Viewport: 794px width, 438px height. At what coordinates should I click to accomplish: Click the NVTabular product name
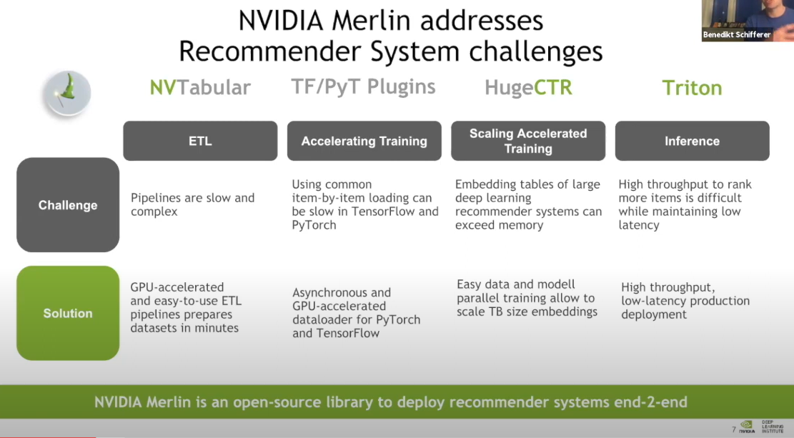(x=200, y=88)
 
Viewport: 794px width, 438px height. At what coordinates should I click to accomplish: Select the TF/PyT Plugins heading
(x=363, y=87)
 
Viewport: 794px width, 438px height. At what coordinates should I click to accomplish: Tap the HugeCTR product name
(x=528, y=88)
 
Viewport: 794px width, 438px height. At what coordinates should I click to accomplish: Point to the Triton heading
(x=691, y=88)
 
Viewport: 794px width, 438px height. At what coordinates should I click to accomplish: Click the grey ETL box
(x=200, y=141)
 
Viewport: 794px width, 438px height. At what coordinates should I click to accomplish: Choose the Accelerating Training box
(x=364, y=141)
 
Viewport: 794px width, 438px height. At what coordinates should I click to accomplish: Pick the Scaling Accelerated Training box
(x=528, y=141)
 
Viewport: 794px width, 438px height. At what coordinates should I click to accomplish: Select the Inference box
(x=692, y=141)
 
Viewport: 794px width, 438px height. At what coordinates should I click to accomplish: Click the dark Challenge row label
(x=68, y=205)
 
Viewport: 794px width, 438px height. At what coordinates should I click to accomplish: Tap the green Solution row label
(x=68, y=313)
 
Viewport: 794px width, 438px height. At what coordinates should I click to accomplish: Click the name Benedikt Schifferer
(x=738, y=34)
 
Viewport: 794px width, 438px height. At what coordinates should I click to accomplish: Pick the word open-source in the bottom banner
(x=267, y=402)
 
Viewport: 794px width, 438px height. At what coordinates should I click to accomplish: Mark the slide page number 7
(x=733, y=429)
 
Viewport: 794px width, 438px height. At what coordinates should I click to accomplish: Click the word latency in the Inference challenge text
(x=639, y=225)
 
